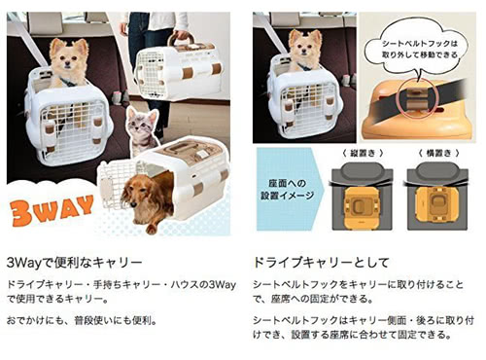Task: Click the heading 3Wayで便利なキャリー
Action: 74,262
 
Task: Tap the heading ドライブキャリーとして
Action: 320,262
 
